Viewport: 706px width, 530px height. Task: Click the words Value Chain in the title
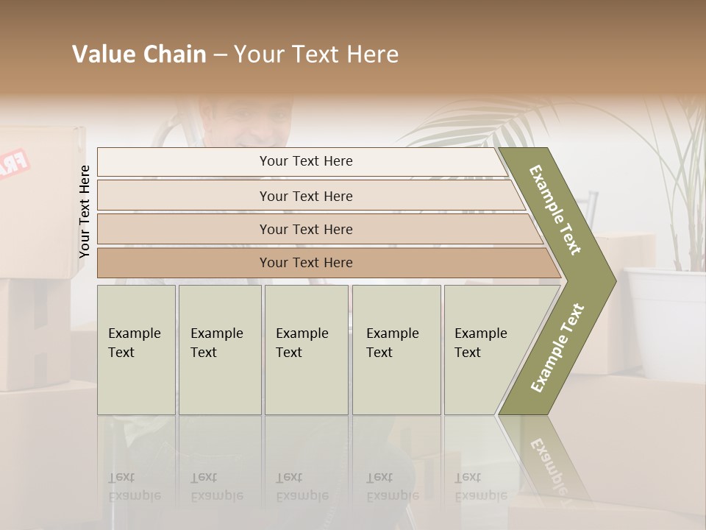point(139,54)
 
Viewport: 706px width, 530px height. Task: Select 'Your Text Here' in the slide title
point(316,54)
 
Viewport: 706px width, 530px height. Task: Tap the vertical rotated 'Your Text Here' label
point(85,211)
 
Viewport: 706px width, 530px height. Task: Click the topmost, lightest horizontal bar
point(305,161)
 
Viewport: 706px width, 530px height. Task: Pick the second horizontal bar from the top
point(305,196)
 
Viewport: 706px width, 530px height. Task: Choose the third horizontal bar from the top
point(305,229)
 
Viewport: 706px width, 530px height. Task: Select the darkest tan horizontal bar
point(305,263)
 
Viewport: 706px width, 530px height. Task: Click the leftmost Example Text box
point(136,350)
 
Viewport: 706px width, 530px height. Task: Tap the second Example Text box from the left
point(219,350)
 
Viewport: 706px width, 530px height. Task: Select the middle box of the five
point(306,350)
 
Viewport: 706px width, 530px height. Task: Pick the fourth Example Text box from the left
point(396,350)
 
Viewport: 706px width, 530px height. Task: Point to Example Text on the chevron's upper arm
point(555,209)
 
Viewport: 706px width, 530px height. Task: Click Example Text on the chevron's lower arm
point(557,348)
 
